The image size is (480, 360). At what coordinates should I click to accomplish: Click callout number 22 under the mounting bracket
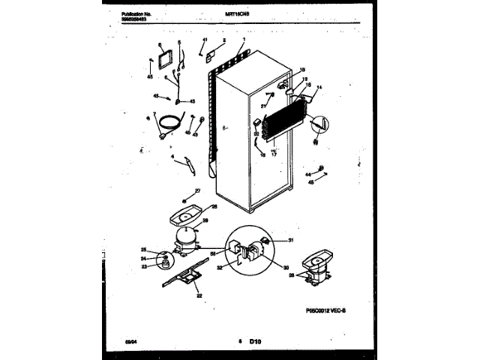pos(199,295)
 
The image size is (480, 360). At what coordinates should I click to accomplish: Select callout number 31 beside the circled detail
pos(291,240)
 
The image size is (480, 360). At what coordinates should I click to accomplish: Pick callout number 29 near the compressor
pos(205,220)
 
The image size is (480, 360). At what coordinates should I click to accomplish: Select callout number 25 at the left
pos(144,250)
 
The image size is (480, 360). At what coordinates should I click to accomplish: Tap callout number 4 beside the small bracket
pos(173,157)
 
